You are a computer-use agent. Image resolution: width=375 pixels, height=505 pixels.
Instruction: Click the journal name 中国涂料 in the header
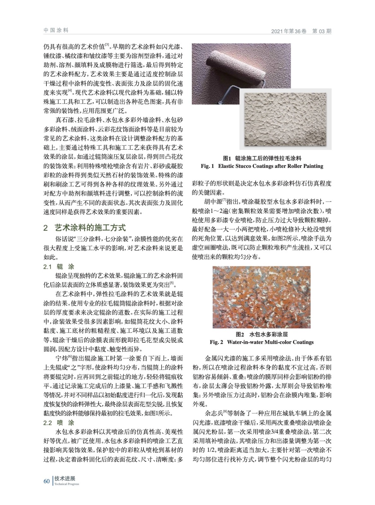pos(56,31)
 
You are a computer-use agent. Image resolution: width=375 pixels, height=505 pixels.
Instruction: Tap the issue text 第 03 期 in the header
pos(322,31)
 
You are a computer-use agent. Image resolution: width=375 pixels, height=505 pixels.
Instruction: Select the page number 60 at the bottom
pos(46,481)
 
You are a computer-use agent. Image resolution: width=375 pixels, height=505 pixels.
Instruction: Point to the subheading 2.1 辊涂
pos(59,267)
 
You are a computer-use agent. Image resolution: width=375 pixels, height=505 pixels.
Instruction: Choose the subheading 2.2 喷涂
pos(59,423)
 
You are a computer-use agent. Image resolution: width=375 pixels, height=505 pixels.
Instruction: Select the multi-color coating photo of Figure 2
pos(262,297)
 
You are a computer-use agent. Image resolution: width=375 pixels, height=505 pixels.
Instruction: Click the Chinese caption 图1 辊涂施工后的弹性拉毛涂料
pos(262,158)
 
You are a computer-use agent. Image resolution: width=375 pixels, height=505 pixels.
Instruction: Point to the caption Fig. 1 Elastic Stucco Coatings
pos(262,166)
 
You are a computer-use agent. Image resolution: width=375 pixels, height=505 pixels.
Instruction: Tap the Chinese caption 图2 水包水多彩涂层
pos(262,335)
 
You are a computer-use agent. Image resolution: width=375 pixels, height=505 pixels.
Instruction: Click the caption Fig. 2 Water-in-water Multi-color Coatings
pos(262,342)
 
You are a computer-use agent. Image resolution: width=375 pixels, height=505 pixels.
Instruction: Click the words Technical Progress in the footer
pos(67,484)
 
